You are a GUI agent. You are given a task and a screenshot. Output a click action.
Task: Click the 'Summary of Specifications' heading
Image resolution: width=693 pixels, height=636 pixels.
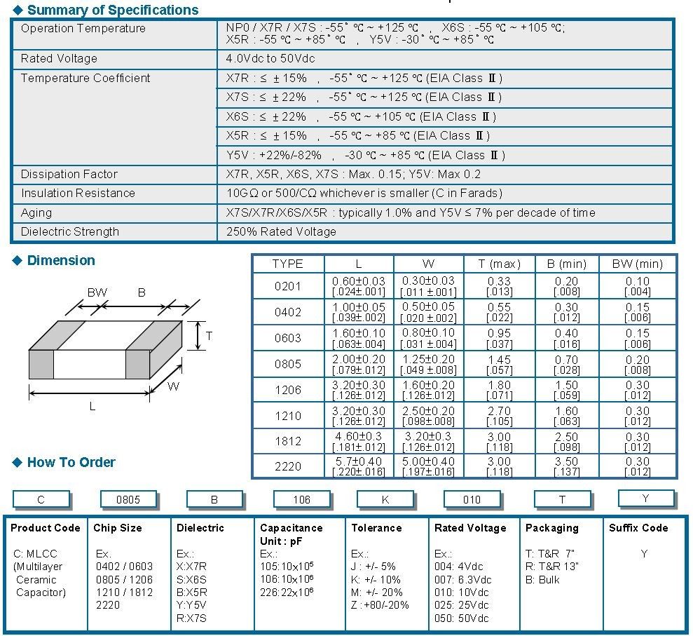pyautogui.click(x=112, y=10)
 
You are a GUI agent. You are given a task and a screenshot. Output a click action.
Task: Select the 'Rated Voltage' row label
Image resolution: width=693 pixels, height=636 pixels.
pyautogui.click(x=59, y=59)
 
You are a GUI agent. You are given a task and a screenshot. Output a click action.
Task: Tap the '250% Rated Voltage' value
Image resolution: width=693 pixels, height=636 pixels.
pyautogui.click(x=281, y=231)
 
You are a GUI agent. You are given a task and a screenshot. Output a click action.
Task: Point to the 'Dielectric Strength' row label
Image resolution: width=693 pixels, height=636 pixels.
pyautogui.click(x=70, y=231)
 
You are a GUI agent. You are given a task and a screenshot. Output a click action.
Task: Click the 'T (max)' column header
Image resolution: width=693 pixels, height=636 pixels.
pyautogui.click(x=499, y=264)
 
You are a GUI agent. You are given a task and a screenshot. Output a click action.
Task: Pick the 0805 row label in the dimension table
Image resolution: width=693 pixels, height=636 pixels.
pyautogui.click(x=287, y=364)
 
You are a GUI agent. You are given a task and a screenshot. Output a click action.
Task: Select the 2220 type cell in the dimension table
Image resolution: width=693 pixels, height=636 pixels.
pyautogui.click(x=287, y=467)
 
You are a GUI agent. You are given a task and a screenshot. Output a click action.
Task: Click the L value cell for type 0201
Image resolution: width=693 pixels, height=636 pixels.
pyautogui.click(x=359, y=286)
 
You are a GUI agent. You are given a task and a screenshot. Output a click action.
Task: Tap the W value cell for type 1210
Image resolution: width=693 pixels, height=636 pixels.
pyautogui.click(x=428, y=416)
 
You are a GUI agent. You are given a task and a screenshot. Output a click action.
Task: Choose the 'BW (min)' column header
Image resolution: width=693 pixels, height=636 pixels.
pyautogui.click(x=637, y=264)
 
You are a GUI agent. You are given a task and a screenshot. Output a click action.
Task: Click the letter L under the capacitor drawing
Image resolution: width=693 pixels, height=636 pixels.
pyautogui.click(x=92, y=407)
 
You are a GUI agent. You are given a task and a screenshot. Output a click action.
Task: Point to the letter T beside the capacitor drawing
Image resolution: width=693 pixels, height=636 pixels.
pyautogui.click(x=209, y=337)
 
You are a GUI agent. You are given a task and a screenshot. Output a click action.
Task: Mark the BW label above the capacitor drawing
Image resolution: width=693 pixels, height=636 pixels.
pyautogui.click(x=97, y=292)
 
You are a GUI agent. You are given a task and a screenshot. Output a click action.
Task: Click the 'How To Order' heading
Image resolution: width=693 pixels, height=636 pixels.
pyautogui.click(x=71, y=462)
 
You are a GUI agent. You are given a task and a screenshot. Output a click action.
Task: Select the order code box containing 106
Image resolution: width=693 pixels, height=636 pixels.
pyautogui.click(x=302, y=499)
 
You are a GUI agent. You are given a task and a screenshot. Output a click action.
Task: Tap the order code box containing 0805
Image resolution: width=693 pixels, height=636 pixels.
pyautogui.click(x=128, y=499)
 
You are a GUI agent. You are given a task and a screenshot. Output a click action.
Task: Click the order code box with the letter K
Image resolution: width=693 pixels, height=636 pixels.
pyautogui.click(x=385, y=499)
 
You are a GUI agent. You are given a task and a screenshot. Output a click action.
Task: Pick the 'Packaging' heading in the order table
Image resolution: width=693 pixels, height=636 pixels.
pyautogui.click(x=551, y=528)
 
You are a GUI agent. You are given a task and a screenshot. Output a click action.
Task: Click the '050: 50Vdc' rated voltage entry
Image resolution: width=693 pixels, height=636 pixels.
pyautogui.click(x=462, y=618)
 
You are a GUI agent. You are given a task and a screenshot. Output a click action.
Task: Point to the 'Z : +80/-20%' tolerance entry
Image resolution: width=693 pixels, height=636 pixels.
pyautogui.click(x=380, y=605)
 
